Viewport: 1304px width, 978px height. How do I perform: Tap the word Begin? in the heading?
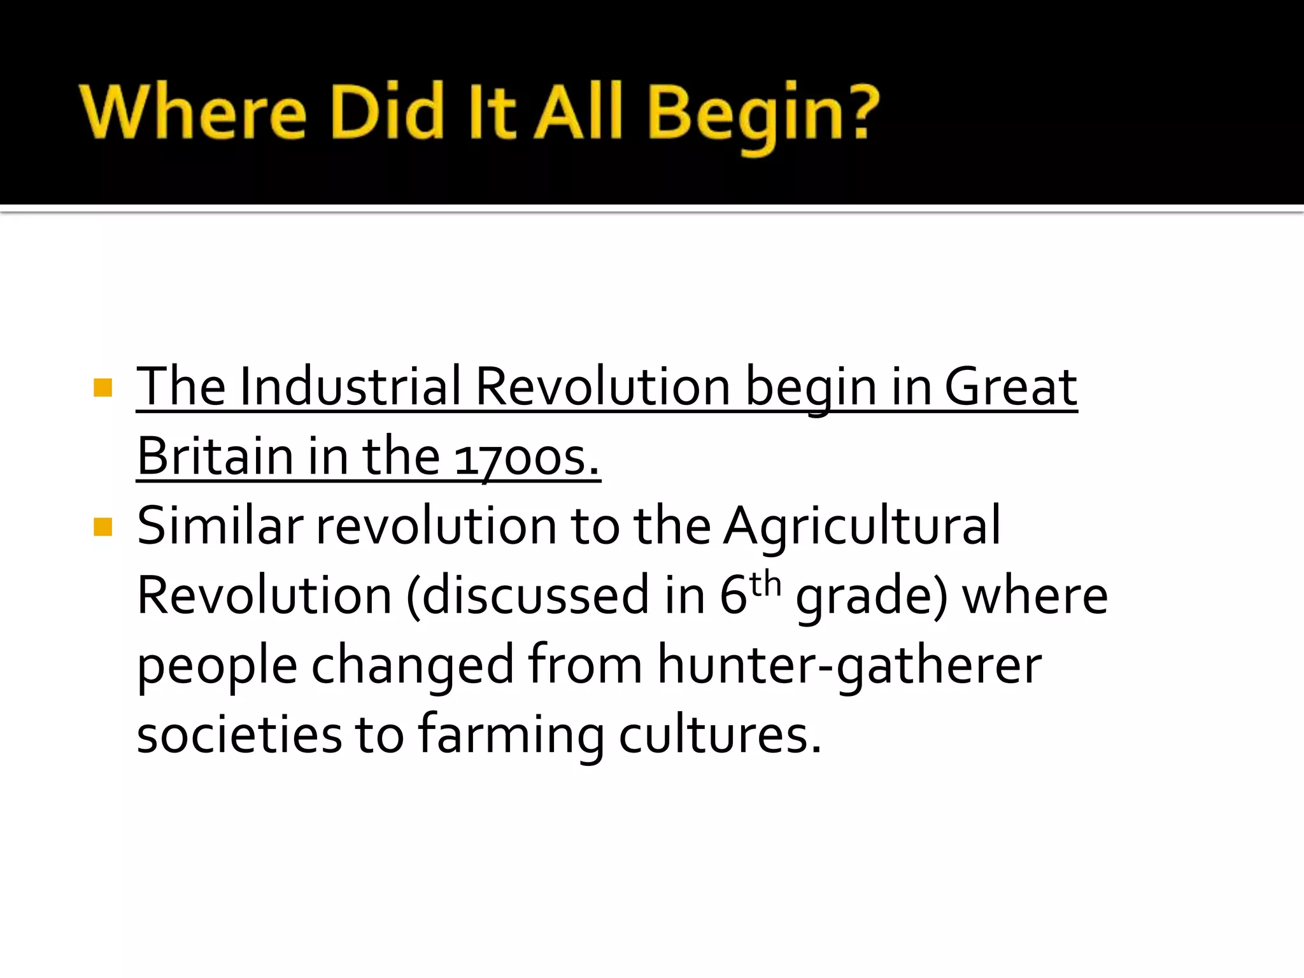point(763,115)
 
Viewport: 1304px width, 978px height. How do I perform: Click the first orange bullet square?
point(103,387)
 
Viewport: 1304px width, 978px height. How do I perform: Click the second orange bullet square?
point(103,527)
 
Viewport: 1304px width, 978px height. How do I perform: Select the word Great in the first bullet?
point(1010,386)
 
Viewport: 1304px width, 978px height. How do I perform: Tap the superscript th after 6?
point(765,584)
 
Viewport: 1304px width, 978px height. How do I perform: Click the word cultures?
point(720,735)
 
